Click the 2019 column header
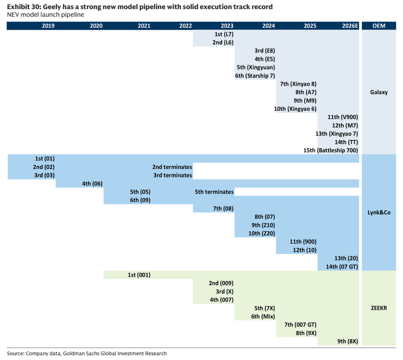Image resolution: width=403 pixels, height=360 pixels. click(x=48, y=26)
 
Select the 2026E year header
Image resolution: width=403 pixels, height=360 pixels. click(x=350, y=26)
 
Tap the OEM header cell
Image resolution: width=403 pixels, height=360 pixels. click(x=379, y=26)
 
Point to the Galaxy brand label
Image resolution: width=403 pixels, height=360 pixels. click(x=379, y=92)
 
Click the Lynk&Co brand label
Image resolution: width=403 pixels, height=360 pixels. click(x=379, y=212)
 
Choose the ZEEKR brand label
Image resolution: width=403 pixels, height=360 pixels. click(x=379, y=308)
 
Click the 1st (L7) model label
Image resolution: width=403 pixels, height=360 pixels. click(x=224, y=34)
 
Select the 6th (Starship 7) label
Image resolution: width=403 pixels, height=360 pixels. click(x=255, y=76)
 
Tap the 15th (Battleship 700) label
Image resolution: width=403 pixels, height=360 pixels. click(x=330, y=150)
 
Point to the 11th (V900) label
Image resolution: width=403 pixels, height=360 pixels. click(x=343, y=117)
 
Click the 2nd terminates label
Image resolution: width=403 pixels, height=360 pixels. click(x=172, y=167)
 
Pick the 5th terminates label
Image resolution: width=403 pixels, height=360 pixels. click(x=214, y=192)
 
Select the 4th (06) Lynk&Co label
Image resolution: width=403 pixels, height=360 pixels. click(x=92, y=184)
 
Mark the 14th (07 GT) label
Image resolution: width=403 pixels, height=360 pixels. click(x=342, y=267)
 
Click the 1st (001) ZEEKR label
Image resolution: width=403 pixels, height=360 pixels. click(x=139, y=275)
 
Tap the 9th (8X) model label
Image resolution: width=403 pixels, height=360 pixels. click(x=348, y=341)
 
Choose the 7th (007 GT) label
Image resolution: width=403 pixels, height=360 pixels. click(x=300, y=325)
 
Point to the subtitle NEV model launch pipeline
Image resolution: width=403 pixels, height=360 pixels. click(x=45, y=15)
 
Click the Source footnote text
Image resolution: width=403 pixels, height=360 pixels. click(x=87, y=354)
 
